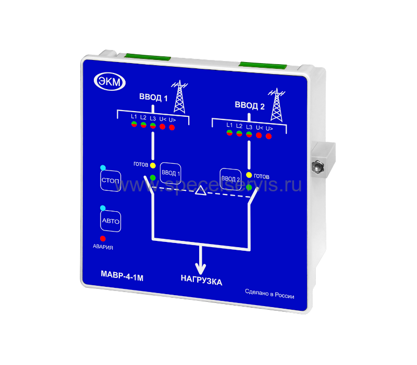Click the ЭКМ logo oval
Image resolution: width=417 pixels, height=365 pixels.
tap(107, 81)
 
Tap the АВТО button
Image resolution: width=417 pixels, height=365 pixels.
tap(111, 221)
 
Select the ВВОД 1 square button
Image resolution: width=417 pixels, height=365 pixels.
tap(170, 172)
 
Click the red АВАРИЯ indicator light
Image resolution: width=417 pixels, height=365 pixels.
tap(103, 238)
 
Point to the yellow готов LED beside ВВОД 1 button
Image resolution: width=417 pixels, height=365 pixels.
tap(153, 165)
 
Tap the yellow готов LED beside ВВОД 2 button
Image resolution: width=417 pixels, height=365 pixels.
tap(249, 175)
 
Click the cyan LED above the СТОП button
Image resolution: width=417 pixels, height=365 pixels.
tap(103, 168)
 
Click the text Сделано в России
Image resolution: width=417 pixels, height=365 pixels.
tap(269, 296)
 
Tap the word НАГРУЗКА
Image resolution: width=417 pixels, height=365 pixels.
tap(201, 282)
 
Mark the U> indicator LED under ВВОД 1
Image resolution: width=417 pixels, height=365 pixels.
tap(172, 127)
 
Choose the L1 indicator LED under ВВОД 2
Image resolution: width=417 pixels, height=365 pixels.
tap(229, 133)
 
